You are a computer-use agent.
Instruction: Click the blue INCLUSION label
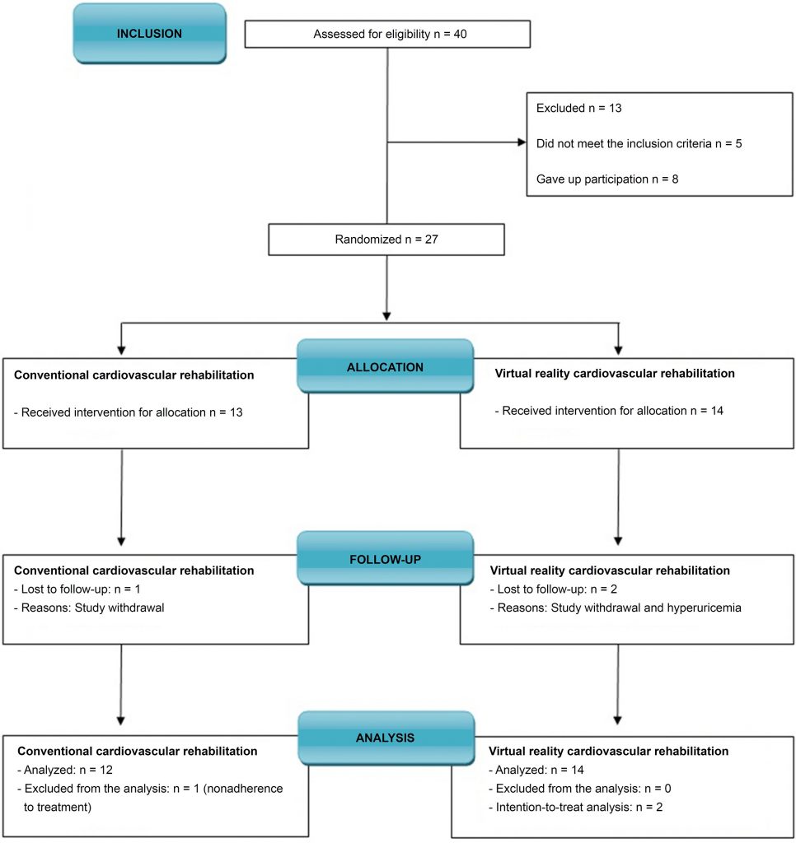[x=150, y=33]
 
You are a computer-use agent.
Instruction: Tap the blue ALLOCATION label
[x=386, y=366]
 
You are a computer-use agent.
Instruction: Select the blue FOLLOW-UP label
[x=386, y=559]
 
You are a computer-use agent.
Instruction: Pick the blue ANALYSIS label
[x=386, y=738]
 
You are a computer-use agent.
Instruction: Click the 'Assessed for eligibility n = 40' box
[x=387, y=34]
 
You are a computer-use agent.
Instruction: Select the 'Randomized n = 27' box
[x=386, y=240]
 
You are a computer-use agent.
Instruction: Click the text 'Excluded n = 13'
[x=579, y=108]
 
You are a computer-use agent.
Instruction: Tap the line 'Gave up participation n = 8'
[x=607, y=179]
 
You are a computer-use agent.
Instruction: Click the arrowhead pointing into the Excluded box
[x=522, y=142]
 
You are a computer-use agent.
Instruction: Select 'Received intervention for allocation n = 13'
[x=129, y=412]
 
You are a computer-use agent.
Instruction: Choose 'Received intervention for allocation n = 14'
[x=609, y=411]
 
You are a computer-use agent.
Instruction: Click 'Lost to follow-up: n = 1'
[x=77, y=589]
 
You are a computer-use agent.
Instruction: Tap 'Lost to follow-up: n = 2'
[x=553, y=589]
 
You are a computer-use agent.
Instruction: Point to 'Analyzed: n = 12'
[x=65, y=770]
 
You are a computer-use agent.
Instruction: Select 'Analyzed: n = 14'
[x=536, y=770]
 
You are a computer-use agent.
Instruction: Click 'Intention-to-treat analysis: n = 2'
[x=575, y=807]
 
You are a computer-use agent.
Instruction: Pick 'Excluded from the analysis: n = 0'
[x=579, y=789]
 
